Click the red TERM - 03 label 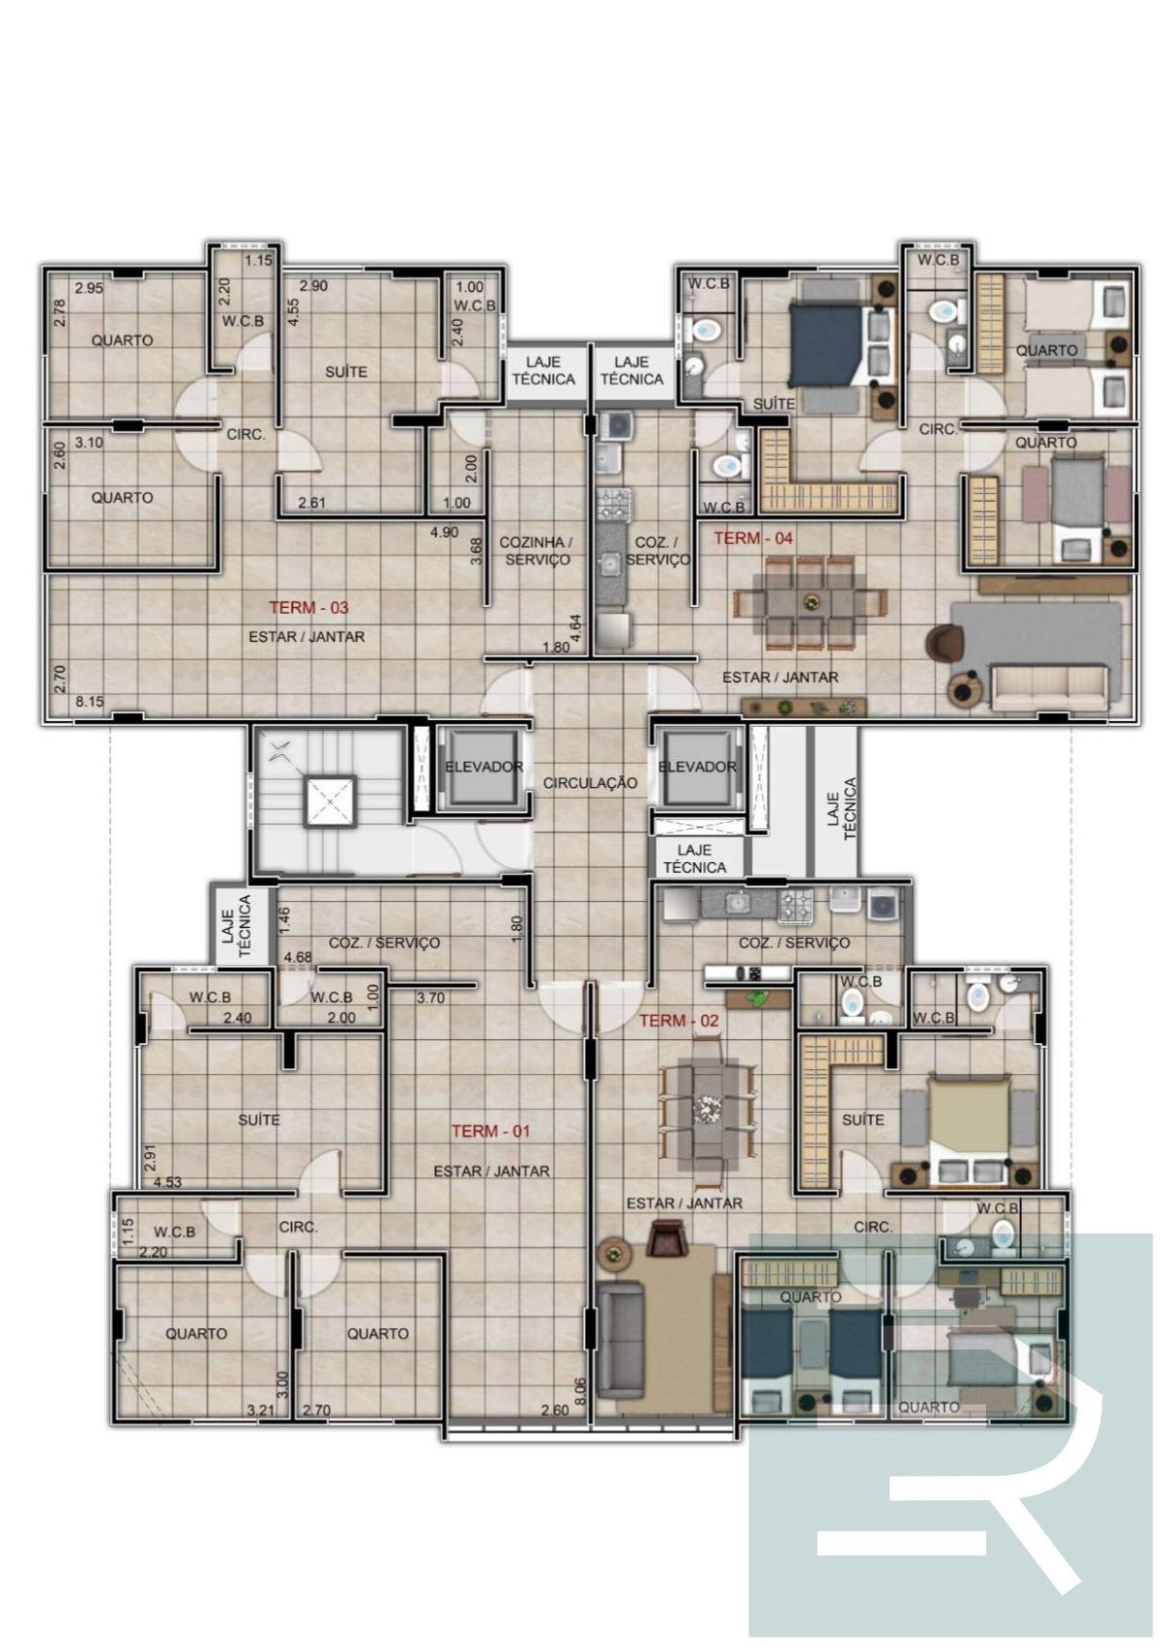[x=309, y=608]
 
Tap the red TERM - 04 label [x=752, y=538]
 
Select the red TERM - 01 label [x=491, y=1131]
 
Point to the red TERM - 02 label [x=678, y=1021]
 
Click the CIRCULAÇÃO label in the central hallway [x=590, y=783]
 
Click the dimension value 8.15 [x=90, y=701]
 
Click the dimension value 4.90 [x=444, y=532]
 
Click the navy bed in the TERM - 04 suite [x=826, y=344]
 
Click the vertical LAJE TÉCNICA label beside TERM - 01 [x=237, y=925]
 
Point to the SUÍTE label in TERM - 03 [x=346, y=372]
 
